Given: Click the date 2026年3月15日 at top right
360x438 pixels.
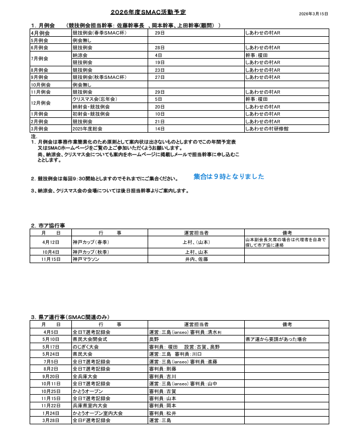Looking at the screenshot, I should click(x=313, y=13).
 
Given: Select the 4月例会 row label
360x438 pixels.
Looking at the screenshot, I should click(x=40, y=33).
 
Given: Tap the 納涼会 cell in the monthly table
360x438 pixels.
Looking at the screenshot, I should click(x=80, y=55).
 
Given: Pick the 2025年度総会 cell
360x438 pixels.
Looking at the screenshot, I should click(x=88, y=128).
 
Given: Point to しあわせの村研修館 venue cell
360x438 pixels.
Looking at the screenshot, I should click(x=267, y=128).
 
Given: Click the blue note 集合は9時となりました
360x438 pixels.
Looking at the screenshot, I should click(x=228, y=177).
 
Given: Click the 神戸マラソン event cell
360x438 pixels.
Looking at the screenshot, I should click(x=86, y=259).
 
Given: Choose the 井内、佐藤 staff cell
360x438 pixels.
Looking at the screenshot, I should click(x=196, y=259).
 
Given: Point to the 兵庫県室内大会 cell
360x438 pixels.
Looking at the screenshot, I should click(x=90, y=406).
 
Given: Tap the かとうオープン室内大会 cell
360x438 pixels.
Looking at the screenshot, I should click(x=97, y=413).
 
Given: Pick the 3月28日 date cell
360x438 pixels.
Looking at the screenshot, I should click(x=50, y=420).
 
